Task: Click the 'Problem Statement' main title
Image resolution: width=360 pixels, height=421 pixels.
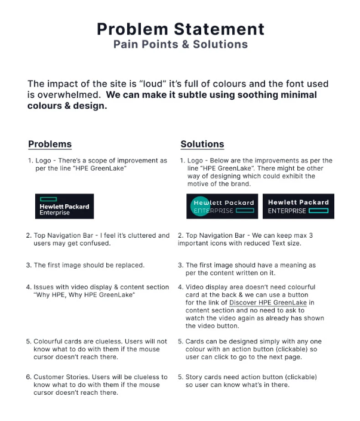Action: [x=180, y=29]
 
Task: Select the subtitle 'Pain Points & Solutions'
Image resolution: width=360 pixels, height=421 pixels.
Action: [x=180, y=44]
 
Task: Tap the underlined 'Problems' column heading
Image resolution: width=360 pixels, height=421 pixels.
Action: [x=50, y=144]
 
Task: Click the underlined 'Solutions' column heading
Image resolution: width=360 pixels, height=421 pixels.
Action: [x=202, y=144]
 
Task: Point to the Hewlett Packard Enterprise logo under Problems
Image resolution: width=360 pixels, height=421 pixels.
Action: [x=64, y=206]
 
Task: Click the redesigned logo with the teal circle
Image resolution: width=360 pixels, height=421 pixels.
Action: [x=223, y=206]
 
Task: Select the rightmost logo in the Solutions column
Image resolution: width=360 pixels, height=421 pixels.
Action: [x=298, y=206]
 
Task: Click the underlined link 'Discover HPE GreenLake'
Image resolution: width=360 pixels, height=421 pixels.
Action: [x=267, y=303]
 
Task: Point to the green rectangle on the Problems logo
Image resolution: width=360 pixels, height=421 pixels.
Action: [x=47, y=199]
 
